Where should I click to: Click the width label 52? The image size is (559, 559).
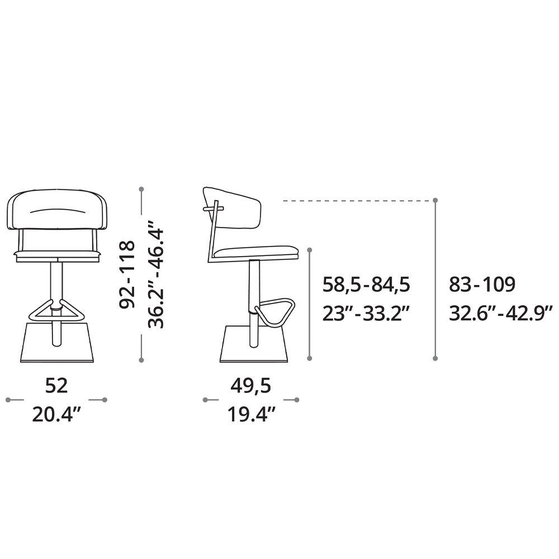tap(56, 386)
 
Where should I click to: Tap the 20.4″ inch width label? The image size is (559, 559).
tap(57, 415)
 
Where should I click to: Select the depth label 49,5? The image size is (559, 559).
tap(250, 386)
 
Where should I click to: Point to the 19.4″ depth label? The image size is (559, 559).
tap(252, 415)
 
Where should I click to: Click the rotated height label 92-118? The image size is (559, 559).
tap(127, 274)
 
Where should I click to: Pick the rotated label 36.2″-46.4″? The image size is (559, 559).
tap(156, 274)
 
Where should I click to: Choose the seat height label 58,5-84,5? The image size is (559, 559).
tap(366, 285)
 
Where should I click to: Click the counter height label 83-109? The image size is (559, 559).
tap(482, 285)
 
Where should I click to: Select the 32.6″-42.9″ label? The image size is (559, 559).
tap(500, 314)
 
